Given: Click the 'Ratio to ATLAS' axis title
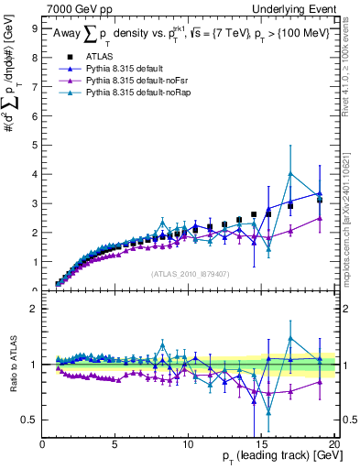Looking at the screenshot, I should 12,365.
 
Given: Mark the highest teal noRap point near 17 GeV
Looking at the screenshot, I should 290,174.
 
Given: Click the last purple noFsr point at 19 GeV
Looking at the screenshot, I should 320,218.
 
